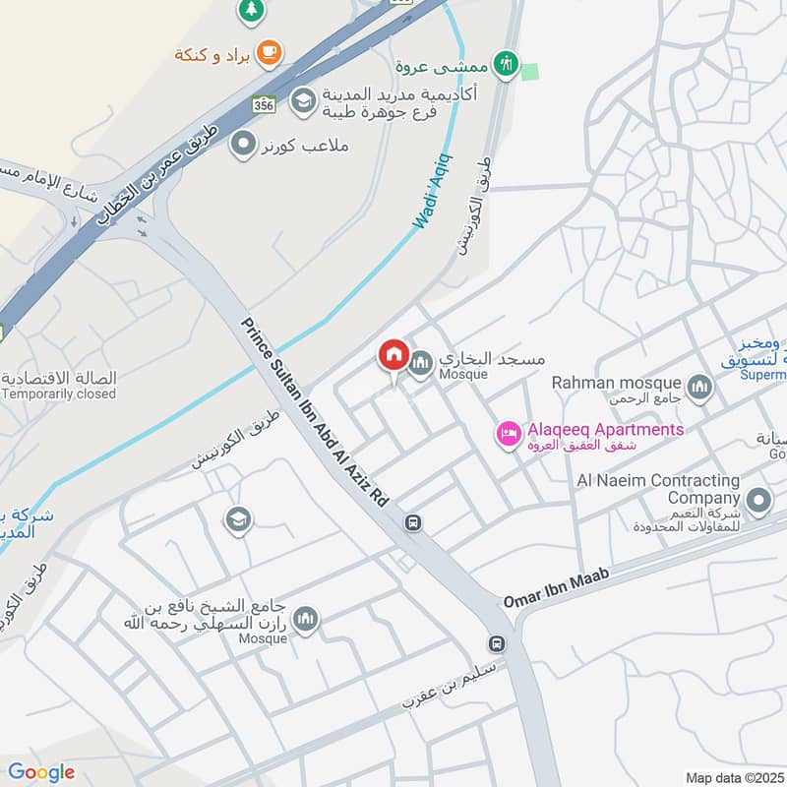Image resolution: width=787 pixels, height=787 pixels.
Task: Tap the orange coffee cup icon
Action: coord(268,51)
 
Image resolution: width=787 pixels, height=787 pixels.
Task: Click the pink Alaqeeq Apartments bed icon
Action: coord(509,432)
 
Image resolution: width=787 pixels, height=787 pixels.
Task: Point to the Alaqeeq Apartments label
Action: coord(604,430)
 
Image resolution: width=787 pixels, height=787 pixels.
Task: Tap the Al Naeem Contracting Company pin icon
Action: coord(758,502)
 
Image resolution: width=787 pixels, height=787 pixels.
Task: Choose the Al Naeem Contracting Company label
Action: coord(658,489)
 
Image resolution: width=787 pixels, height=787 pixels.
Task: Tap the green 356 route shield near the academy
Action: coord(262,104)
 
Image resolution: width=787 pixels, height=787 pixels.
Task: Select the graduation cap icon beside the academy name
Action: coord(303,99)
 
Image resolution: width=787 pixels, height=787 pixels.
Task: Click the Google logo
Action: coord(41,772)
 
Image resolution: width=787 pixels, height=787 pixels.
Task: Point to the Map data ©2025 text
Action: coord(733,777)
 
